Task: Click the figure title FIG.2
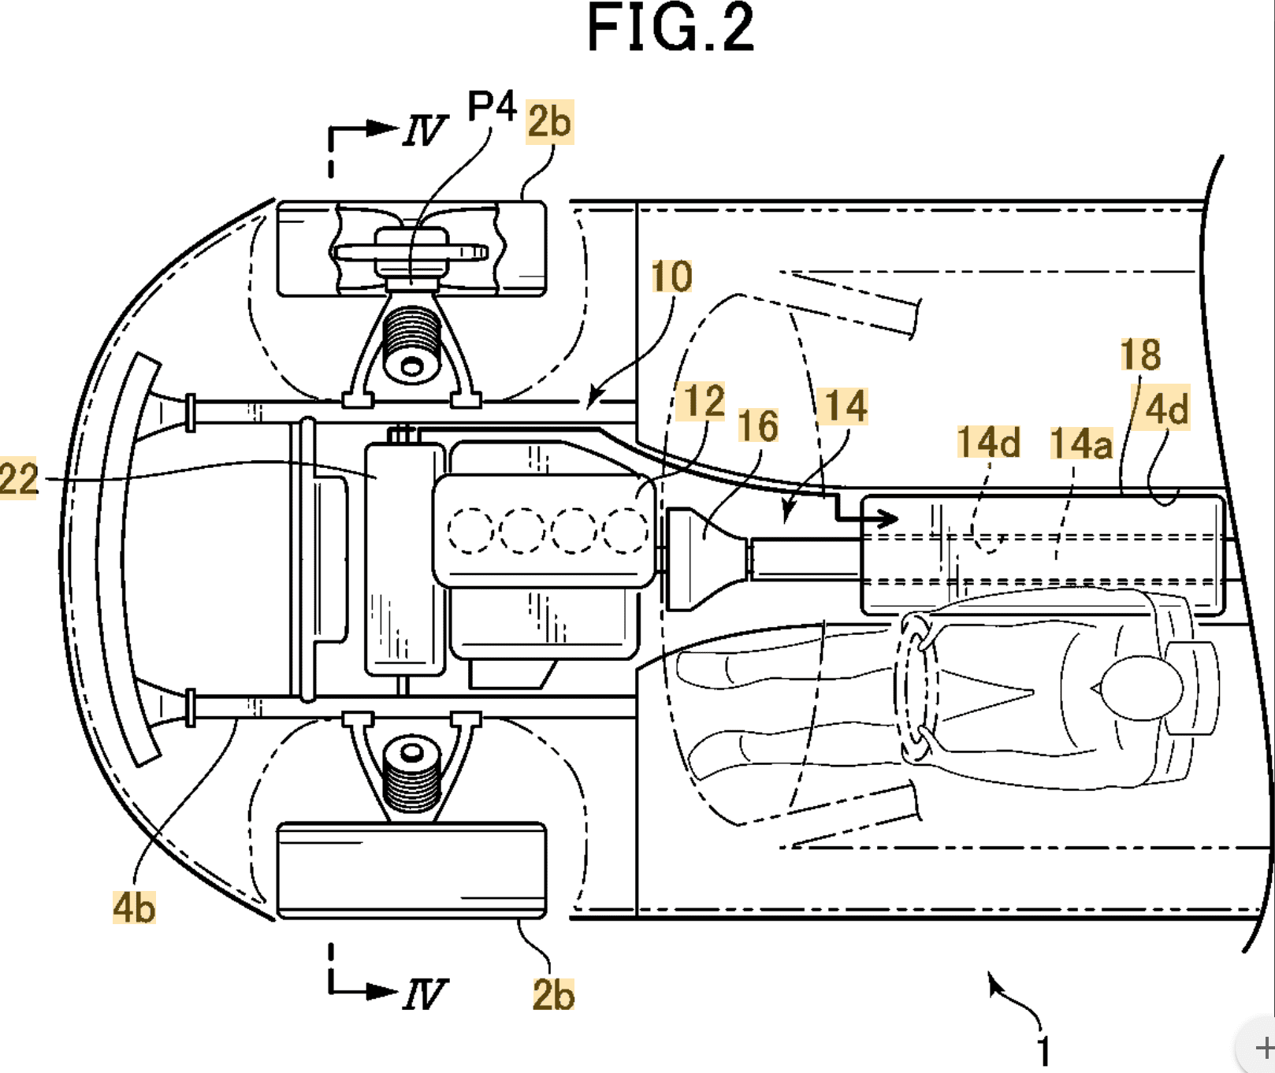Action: coord(671,28)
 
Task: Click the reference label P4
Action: coord(492,106)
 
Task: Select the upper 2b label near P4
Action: coord(549,121)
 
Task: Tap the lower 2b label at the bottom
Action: coord(553,994)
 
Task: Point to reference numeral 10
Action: coord(671,277)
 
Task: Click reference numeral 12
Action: coord(704,401)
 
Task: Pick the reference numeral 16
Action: coord(758,426)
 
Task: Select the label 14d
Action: coord(988,442)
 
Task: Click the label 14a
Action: coord(1081,444)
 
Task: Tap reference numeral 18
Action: coord(1140,355)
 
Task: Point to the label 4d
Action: coord(1167,410)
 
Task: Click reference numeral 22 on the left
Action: coord(18,479)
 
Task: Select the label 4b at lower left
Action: coord(134,908)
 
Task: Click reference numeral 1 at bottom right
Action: coord(1043,1051)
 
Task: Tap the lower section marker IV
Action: coord(424,994)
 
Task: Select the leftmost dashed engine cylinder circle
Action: coord(470,530)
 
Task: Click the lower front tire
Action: coord(411,871)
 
